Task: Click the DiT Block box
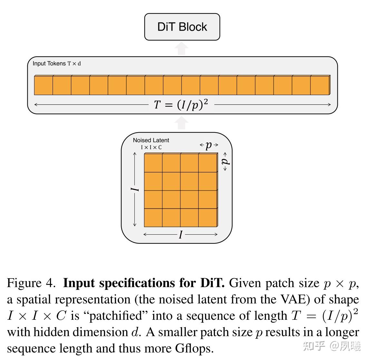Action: coord(182,27)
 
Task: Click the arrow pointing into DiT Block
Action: coord(182,49)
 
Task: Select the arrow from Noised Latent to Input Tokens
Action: coord(182,123)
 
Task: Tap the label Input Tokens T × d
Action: coord(57,63)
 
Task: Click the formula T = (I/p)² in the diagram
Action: coord(181,104)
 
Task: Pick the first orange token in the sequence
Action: coord(44,85)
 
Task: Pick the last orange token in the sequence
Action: coord(320,85)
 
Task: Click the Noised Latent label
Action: coord(151,140)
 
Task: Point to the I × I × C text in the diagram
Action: coord(151,147)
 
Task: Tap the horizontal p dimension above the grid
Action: coord(209,145)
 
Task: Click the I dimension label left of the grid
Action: coord(135,190)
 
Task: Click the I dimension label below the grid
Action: coord(180,235)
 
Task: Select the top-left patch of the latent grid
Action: coord(153,163)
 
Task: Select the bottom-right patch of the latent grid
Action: coord(208,218)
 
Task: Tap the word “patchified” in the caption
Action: coord(115,316)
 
